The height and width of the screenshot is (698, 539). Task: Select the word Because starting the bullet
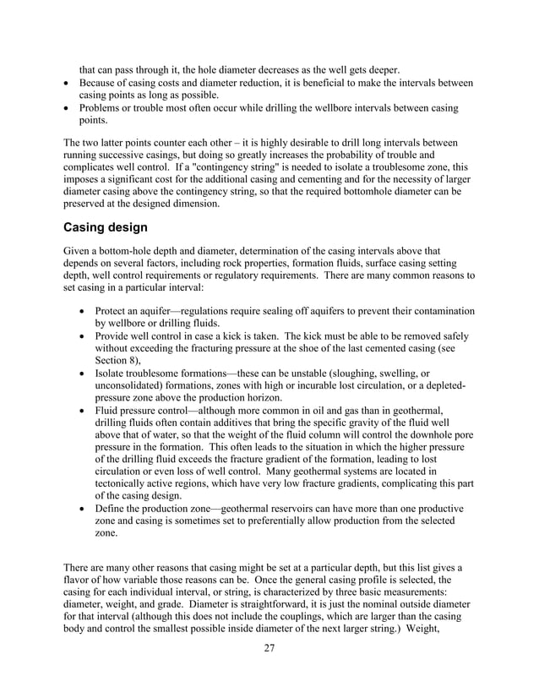(102, 83)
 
